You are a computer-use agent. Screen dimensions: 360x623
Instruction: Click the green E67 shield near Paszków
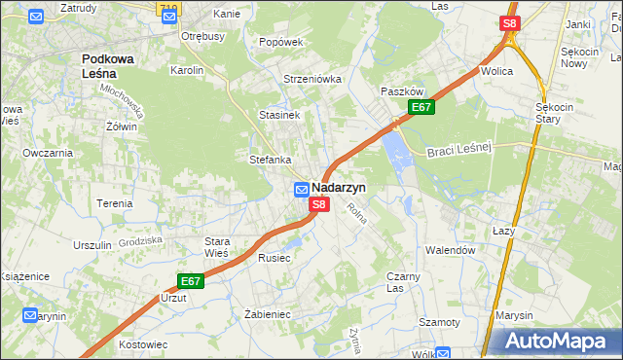tap(421, 107)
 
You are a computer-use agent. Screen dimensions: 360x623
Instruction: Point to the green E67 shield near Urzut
tap(191, 281)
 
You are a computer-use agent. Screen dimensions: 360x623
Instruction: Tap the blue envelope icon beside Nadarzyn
tap(302, 189)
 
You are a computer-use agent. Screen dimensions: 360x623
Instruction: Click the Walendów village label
tap(450, 250)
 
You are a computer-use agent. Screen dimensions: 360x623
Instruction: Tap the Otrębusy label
tap(202, 36)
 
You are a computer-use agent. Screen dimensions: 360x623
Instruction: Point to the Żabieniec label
tap(269, 314)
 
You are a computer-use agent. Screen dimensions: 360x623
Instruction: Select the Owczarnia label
tap(48, 153)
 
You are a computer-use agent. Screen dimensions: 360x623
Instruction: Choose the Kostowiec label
tap(143, 344)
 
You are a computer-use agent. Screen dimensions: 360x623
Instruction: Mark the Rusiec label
tap(275, 258)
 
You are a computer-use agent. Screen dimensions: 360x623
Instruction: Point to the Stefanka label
tap(271, 160)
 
